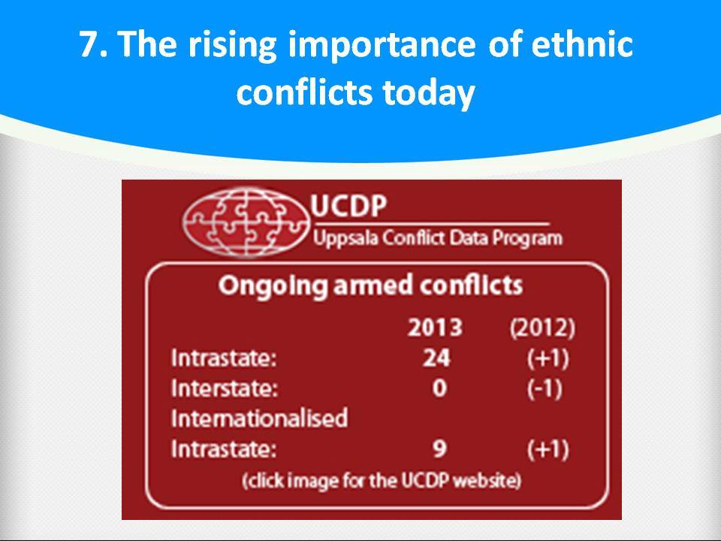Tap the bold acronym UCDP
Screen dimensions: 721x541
[x=348, y=206]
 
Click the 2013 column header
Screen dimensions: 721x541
[x=435, y=328]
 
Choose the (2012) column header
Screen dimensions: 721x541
[x=542, y=328]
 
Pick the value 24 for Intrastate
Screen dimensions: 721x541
[x=436, y=358]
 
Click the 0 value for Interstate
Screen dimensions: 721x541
[x=439, y=388]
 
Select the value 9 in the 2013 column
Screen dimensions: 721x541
[x=439, y=448]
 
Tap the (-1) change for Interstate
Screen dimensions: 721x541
[x=545, y=388]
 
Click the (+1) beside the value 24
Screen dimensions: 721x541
[x=548, y=358]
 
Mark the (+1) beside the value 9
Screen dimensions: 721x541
[x=548, y=449]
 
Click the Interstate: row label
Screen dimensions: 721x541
[x=225, y=388]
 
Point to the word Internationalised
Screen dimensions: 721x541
[x=259, y=419]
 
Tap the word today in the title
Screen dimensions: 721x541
[x=429, y=92]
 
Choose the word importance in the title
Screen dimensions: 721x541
[x=382, y=46]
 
